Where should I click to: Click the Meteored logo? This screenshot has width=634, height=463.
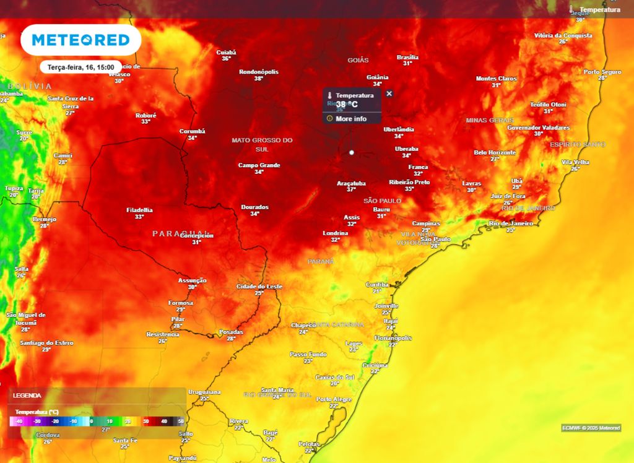tap(80, 40)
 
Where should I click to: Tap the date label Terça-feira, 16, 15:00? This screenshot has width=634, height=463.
tap(80, 67)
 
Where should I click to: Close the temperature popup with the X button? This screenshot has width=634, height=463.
tap(389, 93)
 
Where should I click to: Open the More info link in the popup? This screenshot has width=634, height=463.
tap(350, 118)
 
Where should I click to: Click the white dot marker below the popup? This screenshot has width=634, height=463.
tap(352, 152)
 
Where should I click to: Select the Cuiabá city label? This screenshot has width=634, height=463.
tap(226, 53)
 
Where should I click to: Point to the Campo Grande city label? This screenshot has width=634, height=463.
tap(259, 165)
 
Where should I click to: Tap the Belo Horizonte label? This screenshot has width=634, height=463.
tap(495, 152)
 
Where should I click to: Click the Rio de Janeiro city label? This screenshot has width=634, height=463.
tap(511, 223)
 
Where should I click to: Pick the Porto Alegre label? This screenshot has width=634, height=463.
tap(334, 399)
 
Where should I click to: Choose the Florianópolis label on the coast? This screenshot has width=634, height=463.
tap(393, 338)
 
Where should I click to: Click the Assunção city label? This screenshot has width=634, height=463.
tap(192, 280)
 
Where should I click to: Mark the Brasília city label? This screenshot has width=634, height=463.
tap(407, 57)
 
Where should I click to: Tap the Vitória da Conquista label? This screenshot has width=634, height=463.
tap(562, 35)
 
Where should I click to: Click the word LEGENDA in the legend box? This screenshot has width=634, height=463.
tap(27, 395)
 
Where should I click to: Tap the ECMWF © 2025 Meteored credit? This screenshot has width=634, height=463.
tap(591, 428)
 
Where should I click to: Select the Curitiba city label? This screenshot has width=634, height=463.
tap(376, 284)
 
